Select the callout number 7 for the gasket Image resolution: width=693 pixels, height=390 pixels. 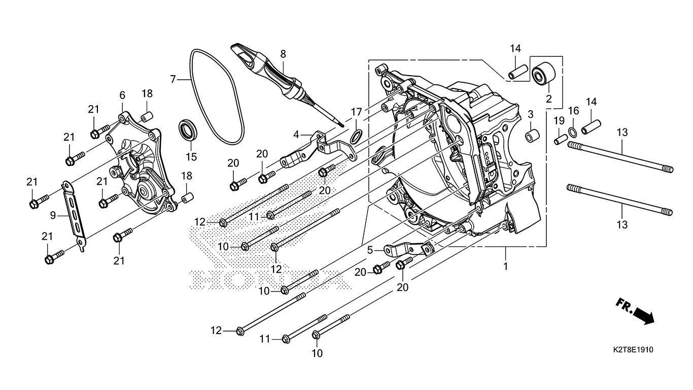coord(173,79)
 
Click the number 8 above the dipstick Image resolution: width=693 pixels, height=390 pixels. coord(283,53)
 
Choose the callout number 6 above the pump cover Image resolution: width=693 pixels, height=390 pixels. coord(122,95)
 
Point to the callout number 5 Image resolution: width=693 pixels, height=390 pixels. coord(370,250)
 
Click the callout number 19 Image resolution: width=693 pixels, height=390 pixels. coord(559,120)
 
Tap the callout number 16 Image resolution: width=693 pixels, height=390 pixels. coord(573,111)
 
